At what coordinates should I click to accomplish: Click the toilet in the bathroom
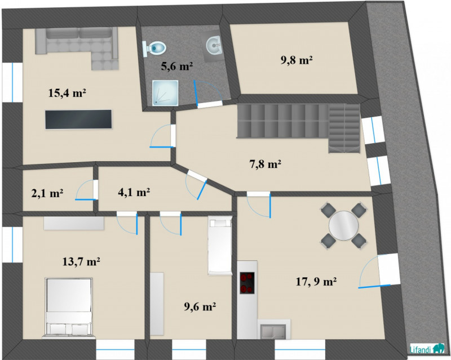click(154, 47)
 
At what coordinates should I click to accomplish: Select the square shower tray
click(165, 93)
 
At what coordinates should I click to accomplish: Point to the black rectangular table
click(78, 119)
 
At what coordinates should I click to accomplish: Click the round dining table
click(344, 226)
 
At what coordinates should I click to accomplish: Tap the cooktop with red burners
click(247, 283)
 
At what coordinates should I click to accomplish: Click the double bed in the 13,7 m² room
click(68, 307)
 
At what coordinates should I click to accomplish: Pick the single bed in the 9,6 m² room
click(220, 246)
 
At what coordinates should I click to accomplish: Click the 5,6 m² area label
click(176, 66)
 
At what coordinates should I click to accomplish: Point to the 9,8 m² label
click(297, 60)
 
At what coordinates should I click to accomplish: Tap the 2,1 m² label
click(47, 193)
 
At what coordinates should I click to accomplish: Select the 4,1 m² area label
click(134, 192)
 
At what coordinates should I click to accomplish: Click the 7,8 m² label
click(264, 165)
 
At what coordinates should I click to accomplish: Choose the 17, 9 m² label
click(316, 282)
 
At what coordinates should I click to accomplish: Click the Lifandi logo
click(427, 349)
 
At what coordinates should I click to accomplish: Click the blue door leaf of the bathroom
click(196, 94)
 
